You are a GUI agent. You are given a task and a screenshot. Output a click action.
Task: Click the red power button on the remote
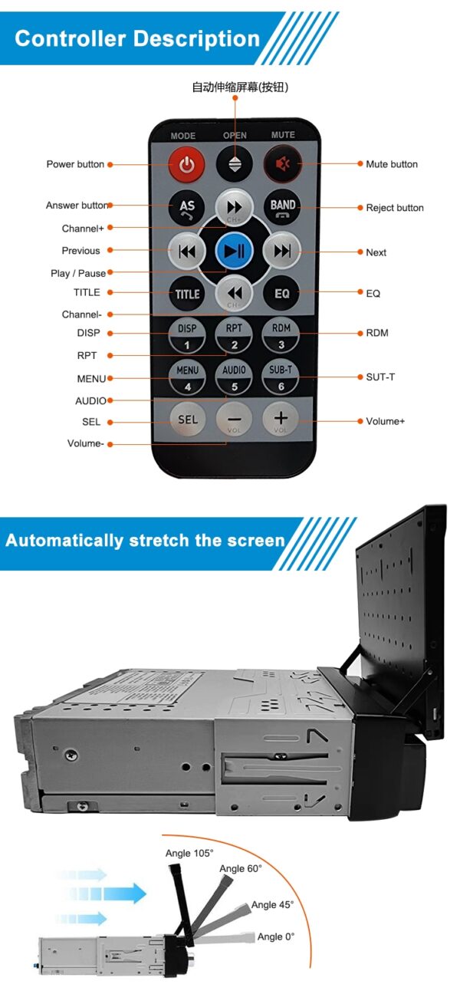tap(187, 163)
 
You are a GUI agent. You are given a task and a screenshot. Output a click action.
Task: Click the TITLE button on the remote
tap(187, 293)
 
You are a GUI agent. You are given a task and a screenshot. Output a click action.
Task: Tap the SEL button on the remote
tap(188, 420)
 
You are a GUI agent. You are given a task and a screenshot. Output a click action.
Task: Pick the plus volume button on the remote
tap(281, 420)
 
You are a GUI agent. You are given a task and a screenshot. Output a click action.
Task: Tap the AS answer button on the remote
tap(187, 206)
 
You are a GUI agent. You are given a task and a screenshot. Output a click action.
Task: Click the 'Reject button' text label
tap(394, 208)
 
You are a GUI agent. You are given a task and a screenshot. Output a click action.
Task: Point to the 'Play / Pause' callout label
tap(78, 274)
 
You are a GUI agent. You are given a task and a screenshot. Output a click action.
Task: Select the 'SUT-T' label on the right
tap(380, 377)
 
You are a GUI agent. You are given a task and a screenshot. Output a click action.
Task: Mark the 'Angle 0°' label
tap(275, 936)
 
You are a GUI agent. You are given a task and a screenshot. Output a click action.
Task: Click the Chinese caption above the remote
tap(239, 87)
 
